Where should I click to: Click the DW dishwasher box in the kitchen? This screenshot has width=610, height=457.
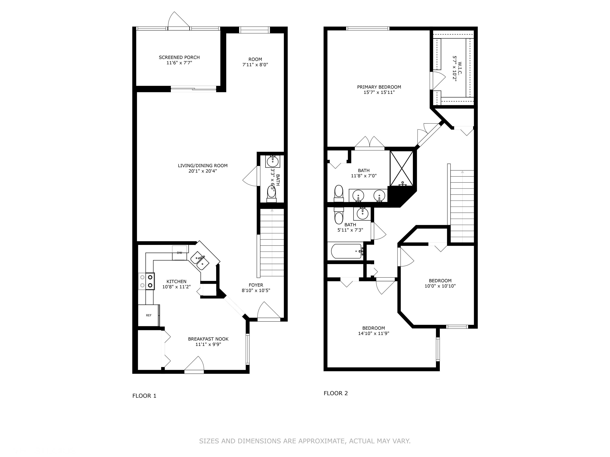click(180, 253)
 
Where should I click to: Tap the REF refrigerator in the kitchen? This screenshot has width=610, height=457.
click(149, 315)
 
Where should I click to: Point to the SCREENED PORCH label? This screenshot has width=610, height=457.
click(179, 57)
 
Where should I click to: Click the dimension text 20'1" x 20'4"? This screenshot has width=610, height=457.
click(203, 171)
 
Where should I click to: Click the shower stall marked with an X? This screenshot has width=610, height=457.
click(402, 169)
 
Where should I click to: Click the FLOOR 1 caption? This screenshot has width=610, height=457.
click(144, 396)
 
